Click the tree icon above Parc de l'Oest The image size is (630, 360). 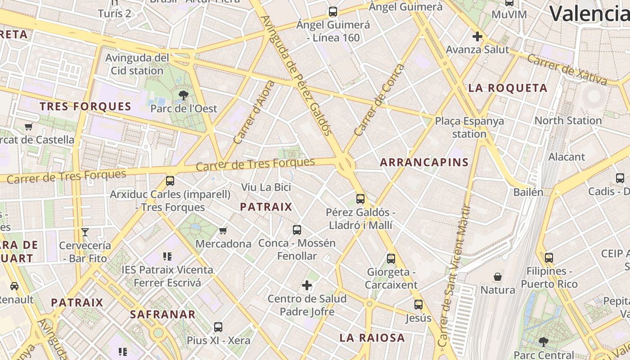(x=183, y=95)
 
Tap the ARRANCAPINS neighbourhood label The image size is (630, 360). (x=424, y=162)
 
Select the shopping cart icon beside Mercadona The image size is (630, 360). (x=223, y=231)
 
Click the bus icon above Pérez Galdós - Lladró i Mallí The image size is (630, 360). (x=360, y=198)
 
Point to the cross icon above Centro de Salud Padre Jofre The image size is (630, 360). (x=307, y=285)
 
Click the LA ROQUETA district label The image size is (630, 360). (x=508, y=88)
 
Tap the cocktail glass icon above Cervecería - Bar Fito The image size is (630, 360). (x=85, y=232)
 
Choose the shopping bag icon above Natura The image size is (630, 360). (x=498, y=276)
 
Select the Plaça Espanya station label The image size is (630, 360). (x=469, y=127)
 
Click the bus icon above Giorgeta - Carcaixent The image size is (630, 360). (x=391, y=259)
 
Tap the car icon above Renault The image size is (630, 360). (x=14, y=286)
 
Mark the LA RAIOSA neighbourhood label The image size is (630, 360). (x=372, y=338)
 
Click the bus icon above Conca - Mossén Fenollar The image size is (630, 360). (x=297, y=230)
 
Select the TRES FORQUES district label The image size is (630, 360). (x=85, y=107)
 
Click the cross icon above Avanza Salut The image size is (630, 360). (x=477, y=36)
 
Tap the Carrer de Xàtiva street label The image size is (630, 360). (x=567, y=69)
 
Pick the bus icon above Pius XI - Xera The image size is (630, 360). (x=218, y=327)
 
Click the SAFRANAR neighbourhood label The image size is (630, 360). (x=163, y=315)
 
